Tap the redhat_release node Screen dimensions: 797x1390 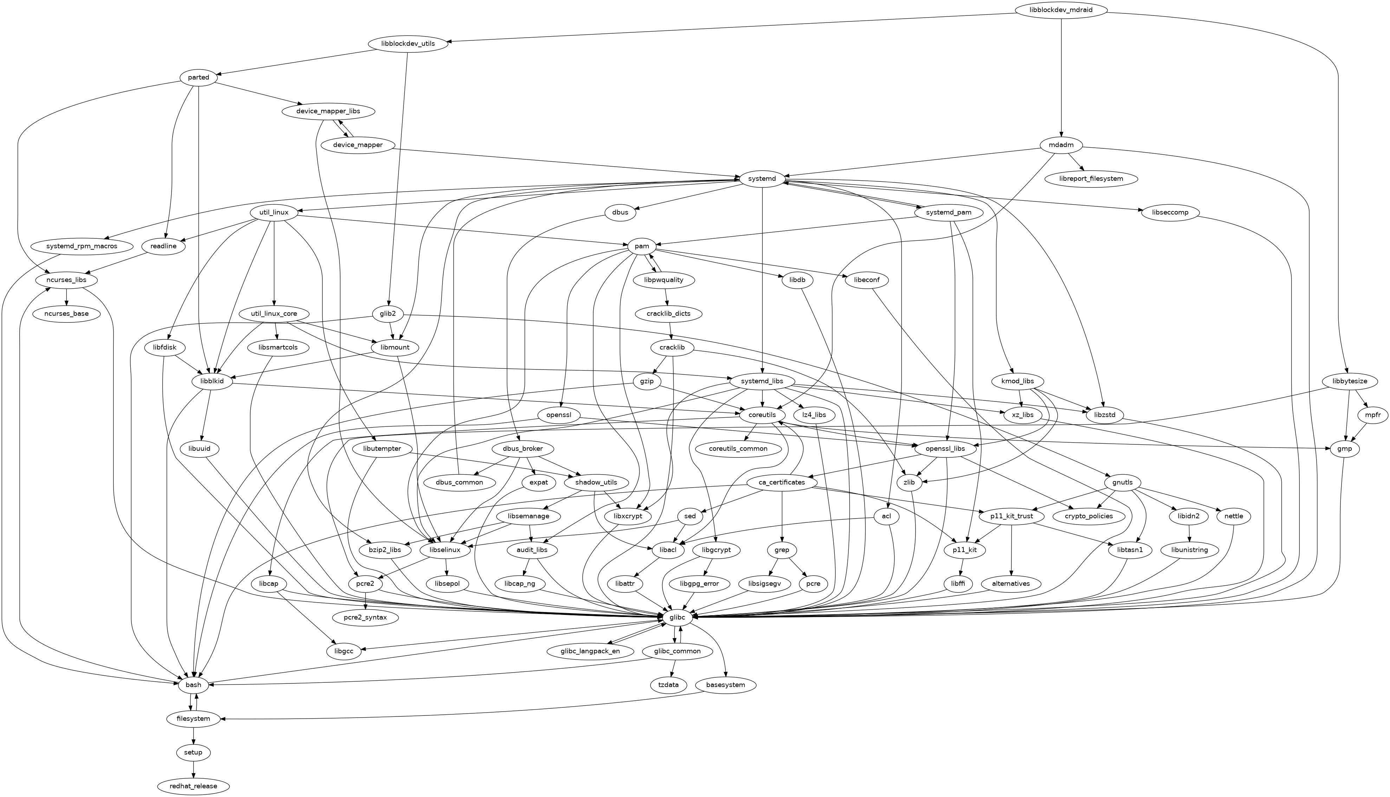[193, 786]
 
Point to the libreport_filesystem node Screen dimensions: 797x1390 [1091, 179]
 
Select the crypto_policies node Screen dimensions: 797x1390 [1088, 516]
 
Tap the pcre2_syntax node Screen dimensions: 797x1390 [365, 617]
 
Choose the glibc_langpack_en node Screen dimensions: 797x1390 [590, 651]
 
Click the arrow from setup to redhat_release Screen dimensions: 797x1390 [193, 769]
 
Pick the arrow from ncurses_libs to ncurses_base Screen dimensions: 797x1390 [67, 297]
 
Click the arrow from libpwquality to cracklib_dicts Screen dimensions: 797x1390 [666, 297]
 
